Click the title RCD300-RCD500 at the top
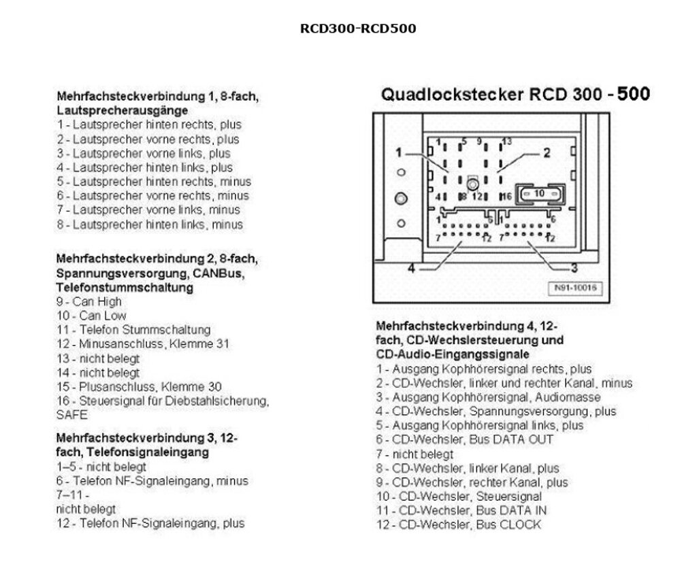(358, 29)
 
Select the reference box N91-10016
(575, 288)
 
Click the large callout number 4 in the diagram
(411, 269)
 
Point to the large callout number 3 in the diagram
(574, 268)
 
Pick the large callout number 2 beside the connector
(547, 153)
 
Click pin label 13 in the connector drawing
(506, 141)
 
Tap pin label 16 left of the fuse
(506, 197)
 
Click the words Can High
(97, 301)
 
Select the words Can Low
(103, 316)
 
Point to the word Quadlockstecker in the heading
(452, 95)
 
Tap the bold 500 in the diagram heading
(634, 94)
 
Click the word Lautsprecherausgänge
(123, 111)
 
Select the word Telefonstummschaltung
(125, 288)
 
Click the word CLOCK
(520, 524)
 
